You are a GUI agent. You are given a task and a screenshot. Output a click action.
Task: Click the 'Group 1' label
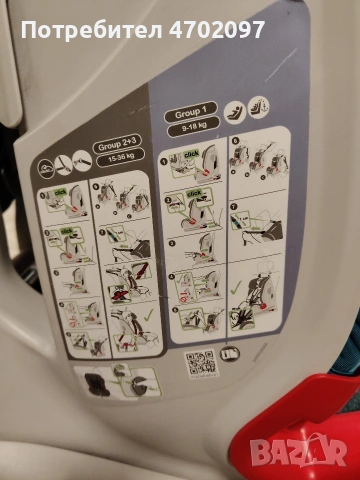(193, 113)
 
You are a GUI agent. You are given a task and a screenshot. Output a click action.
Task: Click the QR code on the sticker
(203, 361)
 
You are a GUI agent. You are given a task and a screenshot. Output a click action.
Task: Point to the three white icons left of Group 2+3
(65, 160)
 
